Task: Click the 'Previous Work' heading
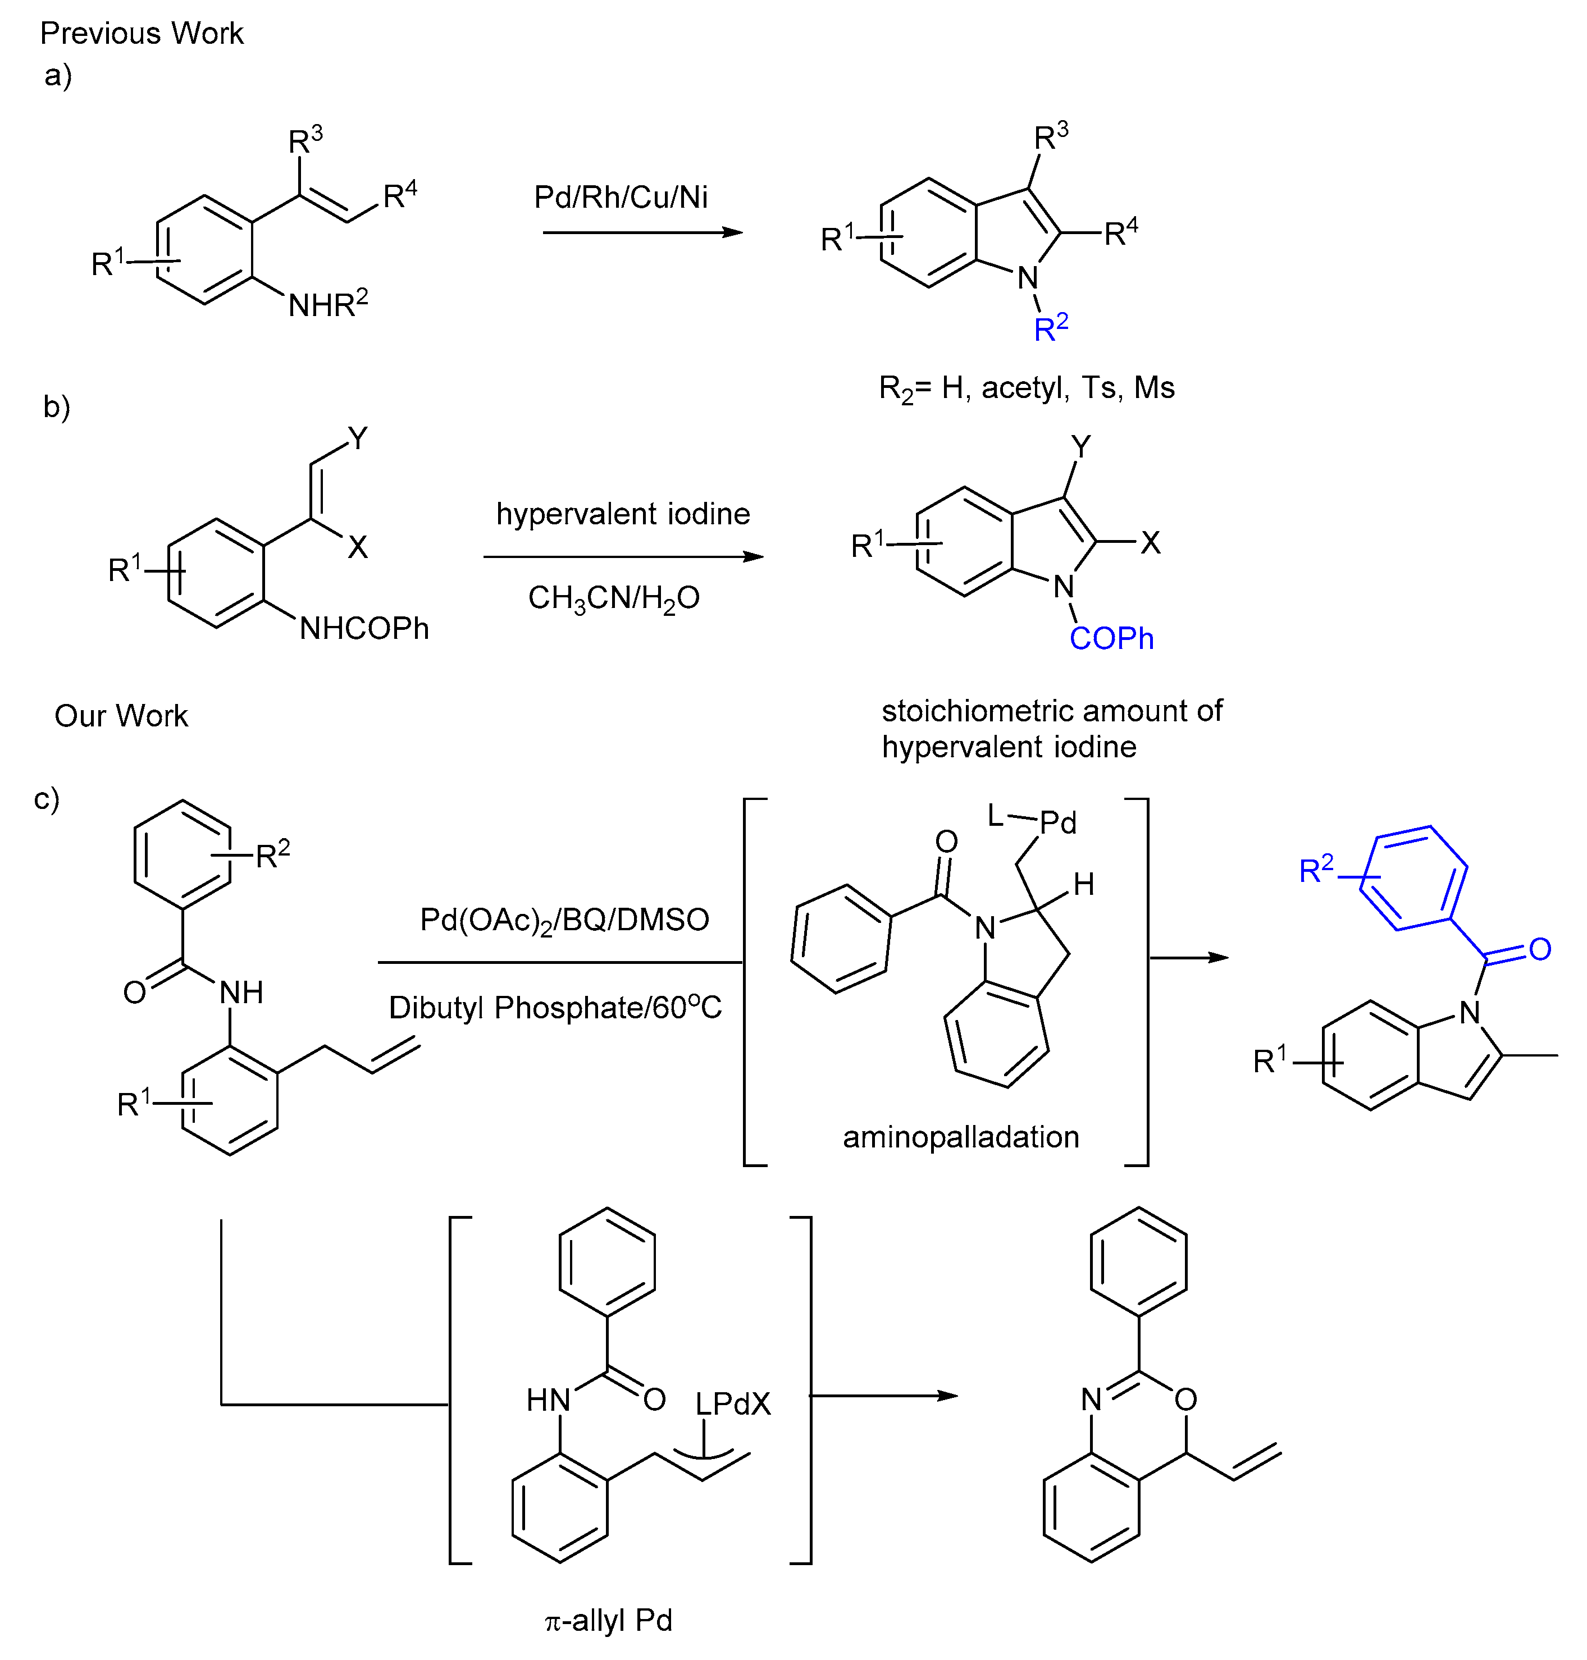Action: coord(142,34)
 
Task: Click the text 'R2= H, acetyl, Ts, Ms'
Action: coord(1026,388)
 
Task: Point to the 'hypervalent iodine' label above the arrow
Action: coord(623,513)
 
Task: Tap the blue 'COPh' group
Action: coord(1111,638)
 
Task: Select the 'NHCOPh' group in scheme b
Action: coord(364,628)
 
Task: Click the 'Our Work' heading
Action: coord(121,715)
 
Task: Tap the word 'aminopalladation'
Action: coord(960,1137)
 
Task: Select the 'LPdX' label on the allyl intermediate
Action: coord(733,1405)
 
